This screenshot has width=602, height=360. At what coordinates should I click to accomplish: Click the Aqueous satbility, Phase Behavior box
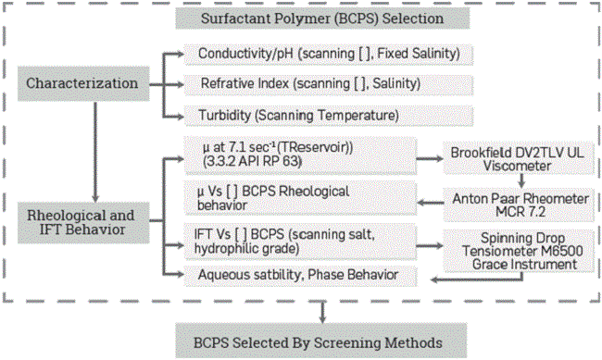(301, 275)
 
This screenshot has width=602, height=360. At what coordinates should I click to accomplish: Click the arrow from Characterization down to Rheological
(95, 148)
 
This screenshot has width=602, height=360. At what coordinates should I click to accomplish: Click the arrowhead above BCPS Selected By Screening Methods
(320, 318)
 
